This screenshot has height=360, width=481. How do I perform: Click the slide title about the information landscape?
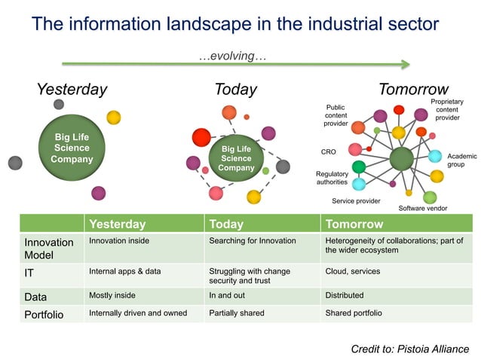[x=234, y=24]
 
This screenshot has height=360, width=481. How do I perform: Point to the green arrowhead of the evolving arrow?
[x=405, y=64]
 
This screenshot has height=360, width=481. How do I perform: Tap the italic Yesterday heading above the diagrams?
[x=72, y=90]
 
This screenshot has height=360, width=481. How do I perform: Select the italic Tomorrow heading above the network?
[x=413, y=90]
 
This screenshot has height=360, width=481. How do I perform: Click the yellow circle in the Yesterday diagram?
[x=113, y=117]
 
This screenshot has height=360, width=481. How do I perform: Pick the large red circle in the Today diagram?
[x=201, y=138]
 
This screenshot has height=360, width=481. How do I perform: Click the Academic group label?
[x=456, y=160]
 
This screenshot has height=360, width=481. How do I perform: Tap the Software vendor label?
[x=423, y=208]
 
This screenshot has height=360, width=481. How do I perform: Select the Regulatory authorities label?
[x=332, y=178]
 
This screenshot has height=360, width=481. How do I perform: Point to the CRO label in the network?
[x=328, y=151]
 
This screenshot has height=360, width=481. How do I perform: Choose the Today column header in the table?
[x=226, y=224]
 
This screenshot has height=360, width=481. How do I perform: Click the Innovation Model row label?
[x=49, y=249]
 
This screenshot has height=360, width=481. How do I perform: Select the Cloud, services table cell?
[x=352, y=271]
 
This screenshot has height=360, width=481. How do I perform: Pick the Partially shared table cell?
[x=237, y=313]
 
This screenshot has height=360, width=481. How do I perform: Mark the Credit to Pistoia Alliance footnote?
[x=409, y=349]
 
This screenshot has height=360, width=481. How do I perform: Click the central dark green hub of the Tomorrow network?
[x=401, y=158]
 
